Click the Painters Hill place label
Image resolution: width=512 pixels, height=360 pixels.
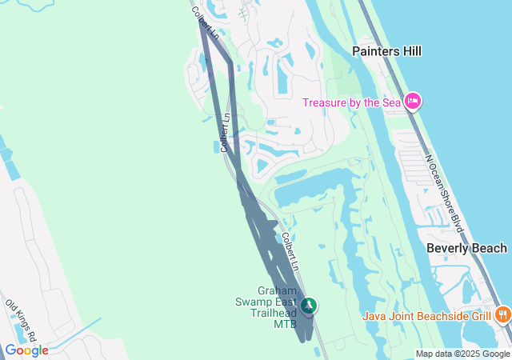(x=387, y=51)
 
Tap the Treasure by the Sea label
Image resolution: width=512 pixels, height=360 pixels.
(x=352, y=102)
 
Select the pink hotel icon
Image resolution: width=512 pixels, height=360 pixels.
(x=413, y=101)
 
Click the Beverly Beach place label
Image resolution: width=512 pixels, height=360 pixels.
(x=466, y=248)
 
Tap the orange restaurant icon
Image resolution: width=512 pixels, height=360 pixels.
(x=502, y=314)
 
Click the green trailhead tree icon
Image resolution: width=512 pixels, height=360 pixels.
(x=309, y=305)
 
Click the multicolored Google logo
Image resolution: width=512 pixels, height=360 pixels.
(x=26, y=350)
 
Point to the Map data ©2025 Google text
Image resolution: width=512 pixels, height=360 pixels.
(x=462, y=354)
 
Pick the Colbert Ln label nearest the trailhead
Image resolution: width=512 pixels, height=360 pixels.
(x=290, y=250)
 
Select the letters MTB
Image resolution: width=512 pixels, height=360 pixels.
(x=285, y=324)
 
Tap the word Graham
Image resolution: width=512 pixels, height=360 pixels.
(x=277, y=290)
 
